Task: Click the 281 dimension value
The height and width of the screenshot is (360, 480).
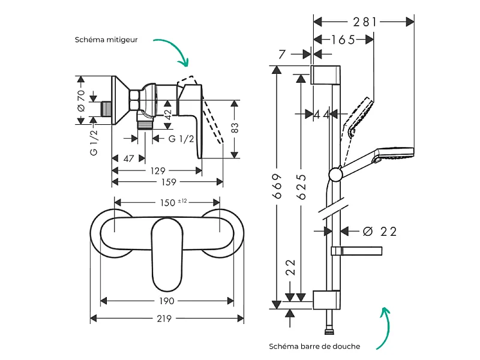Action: coord(364,22)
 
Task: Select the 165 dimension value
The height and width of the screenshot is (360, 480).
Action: coord(343,40)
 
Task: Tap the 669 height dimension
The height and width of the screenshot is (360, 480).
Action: coord(277,186)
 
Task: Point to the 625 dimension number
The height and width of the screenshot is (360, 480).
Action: coord(302,187)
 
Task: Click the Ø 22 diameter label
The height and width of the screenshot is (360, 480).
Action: coord(380,232)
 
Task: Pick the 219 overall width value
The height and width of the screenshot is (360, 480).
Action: coord(164,319)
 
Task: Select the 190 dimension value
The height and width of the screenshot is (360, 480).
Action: coord(167,301)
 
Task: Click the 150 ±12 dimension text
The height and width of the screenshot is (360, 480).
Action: coord(173,202)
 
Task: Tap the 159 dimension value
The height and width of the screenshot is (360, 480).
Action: coord(169,182)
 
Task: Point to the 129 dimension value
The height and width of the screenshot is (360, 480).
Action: coord(158,171)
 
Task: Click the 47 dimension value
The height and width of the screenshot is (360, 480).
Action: coord(128,158)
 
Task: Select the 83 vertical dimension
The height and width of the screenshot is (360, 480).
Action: coord(235,128)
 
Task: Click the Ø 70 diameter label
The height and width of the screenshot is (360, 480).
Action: coord(81,100)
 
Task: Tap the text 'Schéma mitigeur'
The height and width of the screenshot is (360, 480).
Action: coord(106,40)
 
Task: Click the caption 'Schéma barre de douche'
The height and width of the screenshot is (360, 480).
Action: coord(314,346)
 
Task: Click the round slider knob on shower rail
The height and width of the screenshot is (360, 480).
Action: coord(335,175)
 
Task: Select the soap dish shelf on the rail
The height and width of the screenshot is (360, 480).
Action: coord(356,251)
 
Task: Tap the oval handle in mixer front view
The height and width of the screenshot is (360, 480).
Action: coord(167,254)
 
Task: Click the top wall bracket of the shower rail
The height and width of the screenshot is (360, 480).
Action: coord(325,74)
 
